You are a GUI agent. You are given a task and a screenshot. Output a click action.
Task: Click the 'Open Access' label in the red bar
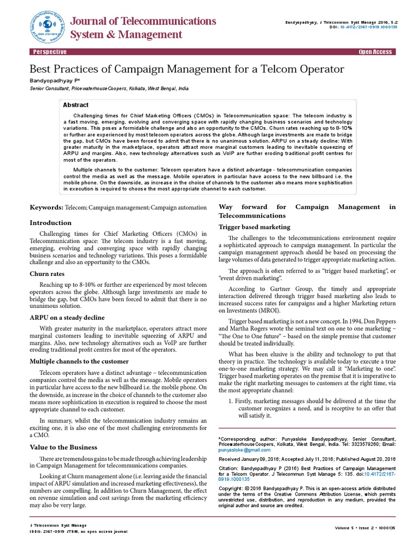[x=375, y=52]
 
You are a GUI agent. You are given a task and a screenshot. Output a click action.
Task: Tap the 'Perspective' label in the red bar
[x=50, y=52]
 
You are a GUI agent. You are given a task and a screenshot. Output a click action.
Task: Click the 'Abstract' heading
[x=76, y=105]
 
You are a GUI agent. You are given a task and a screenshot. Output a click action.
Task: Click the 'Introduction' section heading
[x=50, y=223]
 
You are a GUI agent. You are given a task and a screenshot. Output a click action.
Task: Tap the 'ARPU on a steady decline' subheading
[x=67, y=318]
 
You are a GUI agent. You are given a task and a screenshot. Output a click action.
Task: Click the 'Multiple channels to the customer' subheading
[x=79, y=361]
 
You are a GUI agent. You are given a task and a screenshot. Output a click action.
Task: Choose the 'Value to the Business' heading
[x=63, y=447]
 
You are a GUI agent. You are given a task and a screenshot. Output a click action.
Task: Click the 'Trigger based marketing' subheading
[x=254, y=227]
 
